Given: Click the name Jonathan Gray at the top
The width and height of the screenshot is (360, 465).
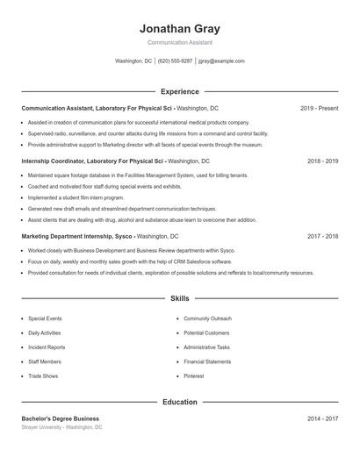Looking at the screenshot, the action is tap(179, 29).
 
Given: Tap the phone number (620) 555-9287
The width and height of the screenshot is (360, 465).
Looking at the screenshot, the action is tap(175, 61).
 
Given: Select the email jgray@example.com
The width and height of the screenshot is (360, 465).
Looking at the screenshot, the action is tap(221, 61).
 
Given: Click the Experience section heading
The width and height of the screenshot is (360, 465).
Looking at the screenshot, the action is tap(179, 91).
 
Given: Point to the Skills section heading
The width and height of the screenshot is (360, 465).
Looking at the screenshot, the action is tap(179, 299).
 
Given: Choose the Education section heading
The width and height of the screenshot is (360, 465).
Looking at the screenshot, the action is tap(179, 402).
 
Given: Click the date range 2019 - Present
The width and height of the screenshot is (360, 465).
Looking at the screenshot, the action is tap(319, 108).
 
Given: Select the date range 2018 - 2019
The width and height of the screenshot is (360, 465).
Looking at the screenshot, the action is tap(322, 162).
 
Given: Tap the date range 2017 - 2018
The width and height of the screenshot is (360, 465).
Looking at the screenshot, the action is tap(322, 237).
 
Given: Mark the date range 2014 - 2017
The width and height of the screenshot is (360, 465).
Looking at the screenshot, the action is tap(322, 418).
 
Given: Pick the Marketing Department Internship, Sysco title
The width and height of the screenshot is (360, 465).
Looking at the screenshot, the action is tap(77, 237).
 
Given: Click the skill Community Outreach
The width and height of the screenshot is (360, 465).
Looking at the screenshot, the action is tap(207, 318).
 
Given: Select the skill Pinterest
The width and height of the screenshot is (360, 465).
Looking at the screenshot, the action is tap(194, 376).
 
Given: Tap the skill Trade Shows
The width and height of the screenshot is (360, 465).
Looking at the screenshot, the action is tap(43, 376).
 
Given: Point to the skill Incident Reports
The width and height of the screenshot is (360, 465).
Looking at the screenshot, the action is tap(46, 347).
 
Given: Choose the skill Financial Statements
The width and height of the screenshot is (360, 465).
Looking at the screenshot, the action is tap(207, 361).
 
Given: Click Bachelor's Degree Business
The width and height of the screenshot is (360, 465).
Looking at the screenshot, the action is tap(61, 418).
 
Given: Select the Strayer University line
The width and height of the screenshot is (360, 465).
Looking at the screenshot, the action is tap(61, 427).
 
